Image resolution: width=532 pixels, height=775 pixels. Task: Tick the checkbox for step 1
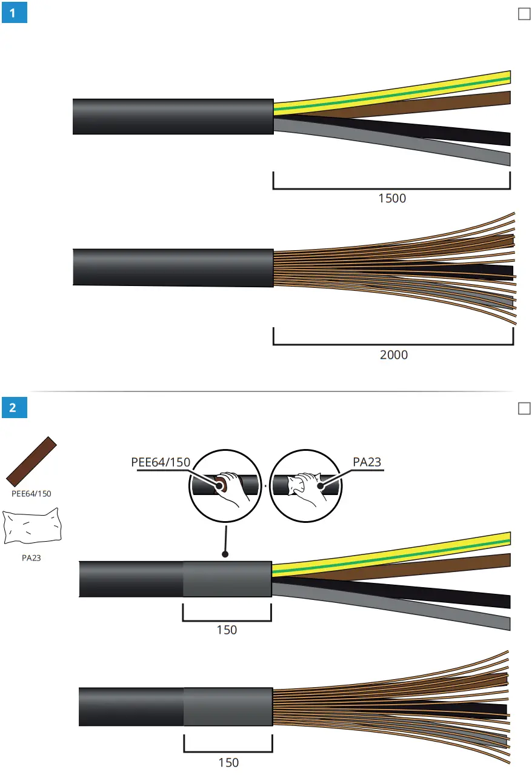pyautogui.click(x=524, y=14)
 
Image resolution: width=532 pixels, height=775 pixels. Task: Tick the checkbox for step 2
pyautogui.click(x=524, y=409)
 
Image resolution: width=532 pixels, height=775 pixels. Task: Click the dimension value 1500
pyautogui.click(x=391, y=198)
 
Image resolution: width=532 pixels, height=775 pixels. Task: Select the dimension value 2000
pyautogui.click(x=394, y=354)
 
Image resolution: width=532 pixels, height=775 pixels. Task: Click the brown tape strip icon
pyautogui.click(x=32, y=461)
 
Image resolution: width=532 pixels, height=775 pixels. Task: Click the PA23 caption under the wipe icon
pyautogui.click(x=31, y=557)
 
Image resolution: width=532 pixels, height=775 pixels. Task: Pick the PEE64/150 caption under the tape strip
pyautogui.click(x=32, y=493)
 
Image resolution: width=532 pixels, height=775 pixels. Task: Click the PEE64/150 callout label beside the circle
pyautogui.click(x=161, y=462)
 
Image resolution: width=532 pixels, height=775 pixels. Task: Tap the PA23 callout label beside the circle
pyautogui.click(x=367, y=462)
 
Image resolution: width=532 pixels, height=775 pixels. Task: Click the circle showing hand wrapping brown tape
pyautogui.click(x=226, y=486)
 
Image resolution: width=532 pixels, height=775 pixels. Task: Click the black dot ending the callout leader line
pyautogui.click(x=225, y=554)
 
